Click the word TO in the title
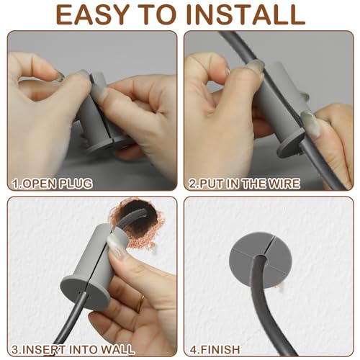[157, 14]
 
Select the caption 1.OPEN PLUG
[52, 184]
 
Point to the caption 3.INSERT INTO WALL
[73, 349]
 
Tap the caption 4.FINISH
[215, 349]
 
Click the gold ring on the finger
[140, 303]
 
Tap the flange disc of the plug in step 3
[85, 292]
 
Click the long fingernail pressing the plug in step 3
[117, 246]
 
